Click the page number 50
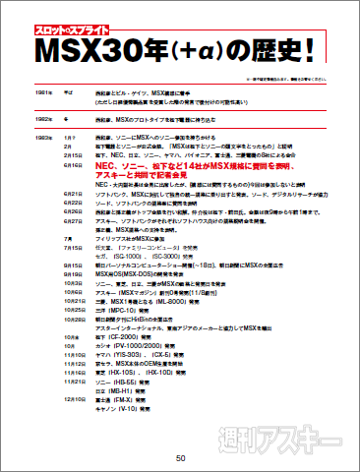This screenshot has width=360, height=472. click(180, 457)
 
